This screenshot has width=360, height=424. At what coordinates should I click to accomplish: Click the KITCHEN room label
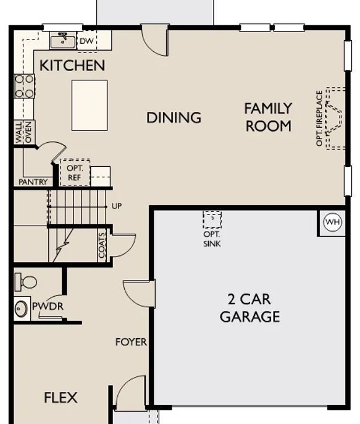72,66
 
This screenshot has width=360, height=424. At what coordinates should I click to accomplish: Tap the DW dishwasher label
86,41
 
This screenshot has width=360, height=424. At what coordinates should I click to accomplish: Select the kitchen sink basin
63,41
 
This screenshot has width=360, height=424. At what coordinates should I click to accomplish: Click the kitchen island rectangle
90,105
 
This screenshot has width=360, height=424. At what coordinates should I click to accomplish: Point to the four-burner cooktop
25,86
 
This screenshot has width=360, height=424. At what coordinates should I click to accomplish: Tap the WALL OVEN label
23,132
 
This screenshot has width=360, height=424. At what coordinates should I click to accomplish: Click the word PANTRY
33,182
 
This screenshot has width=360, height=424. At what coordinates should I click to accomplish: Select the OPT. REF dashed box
75,172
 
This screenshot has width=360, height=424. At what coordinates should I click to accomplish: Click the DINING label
174,117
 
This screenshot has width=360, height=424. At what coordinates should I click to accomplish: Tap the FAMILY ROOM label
268,117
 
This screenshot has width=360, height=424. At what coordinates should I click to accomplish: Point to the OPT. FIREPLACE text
319,118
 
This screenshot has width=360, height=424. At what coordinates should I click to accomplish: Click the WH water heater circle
332,223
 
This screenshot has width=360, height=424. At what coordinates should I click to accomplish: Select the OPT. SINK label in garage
212,239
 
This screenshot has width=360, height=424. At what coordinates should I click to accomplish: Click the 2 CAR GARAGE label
249,308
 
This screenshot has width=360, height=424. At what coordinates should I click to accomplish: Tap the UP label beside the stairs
117,206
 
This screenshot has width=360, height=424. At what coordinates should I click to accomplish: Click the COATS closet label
102,245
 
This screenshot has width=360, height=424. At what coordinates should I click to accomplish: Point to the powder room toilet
26,282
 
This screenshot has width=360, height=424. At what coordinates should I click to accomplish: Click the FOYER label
132,342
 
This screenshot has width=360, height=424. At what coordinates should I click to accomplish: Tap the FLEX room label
61,397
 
